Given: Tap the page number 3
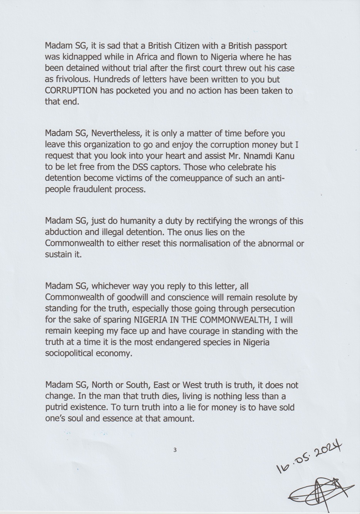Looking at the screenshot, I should (175, 449).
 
